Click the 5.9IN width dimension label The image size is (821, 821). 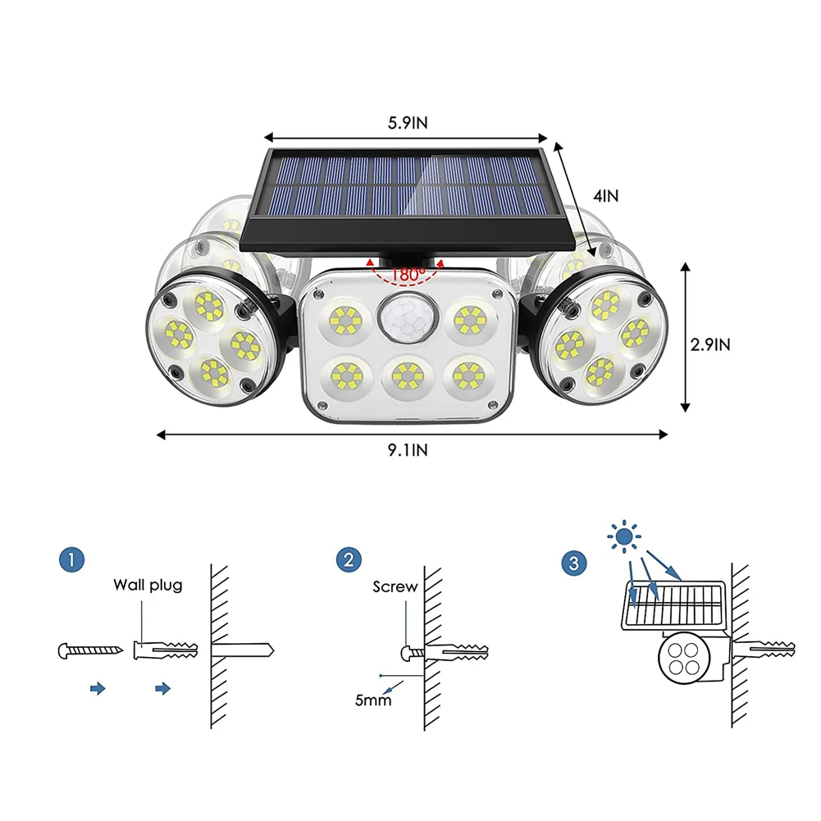[408, 122]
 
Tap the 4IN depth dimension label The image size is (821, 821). [605, 196]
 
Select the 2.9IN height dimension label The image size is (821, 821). [710, 344]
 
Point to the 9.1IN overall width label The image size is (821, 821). [408, 449]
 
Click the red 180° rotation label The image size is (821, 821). [408, 274]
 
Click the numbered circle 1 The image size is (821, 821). [71, 559]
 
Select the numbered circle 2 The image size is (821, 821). [349, 559]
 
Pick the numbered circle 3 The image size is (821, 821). [574, 563]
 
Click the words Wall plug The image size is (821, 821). [148, 585]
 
